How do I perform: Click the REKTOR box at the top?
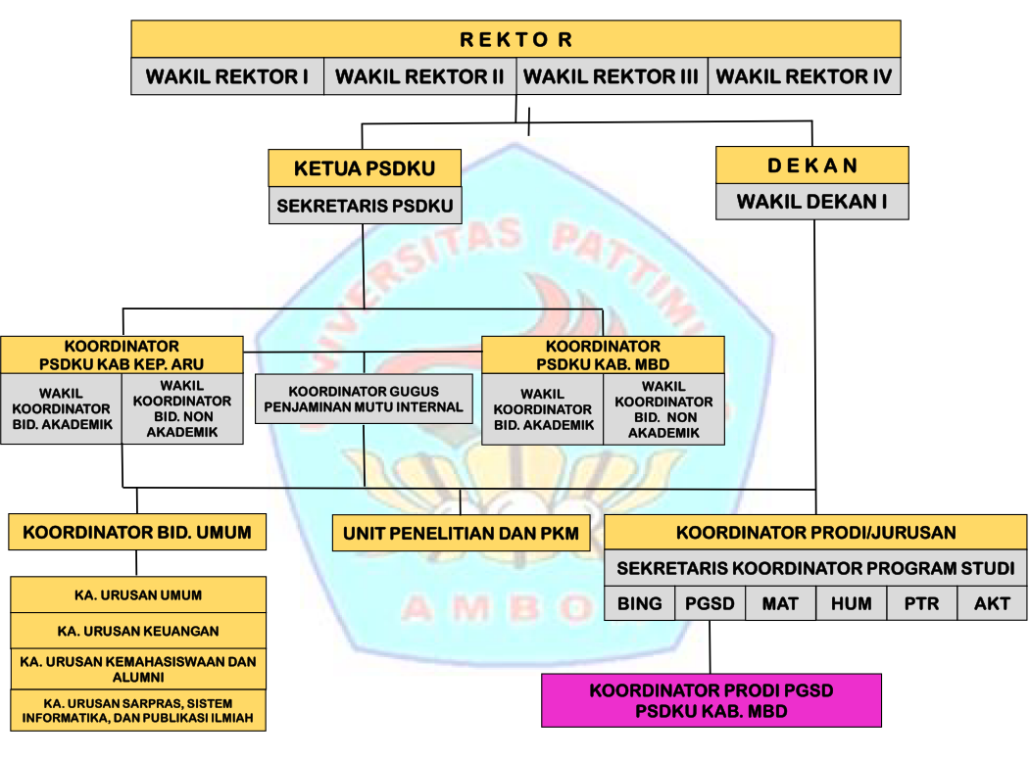515,39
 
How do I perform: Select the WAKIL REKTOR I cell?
227,76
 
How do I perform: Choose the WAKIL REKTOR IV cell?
804,76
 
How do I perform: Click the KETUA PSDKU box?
364,168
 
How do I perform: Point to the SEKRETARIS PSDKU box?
364,206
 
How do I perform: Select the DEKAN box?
811,166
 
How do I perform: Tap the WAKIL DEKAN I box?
811,202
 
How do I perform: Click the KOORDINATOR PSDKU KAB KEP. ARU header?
122,355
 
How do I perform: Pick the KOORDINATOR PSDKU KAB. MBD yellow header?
603,355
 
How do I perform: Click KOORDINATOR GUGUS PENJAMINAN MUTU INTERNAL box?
364,399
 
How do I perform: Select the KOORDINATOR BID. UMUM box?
137,533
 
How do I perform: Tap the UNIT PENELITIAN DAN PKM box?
461,534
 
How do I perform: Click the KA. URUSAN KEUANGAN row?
138,631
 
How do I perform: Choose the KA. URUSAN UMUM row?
138,594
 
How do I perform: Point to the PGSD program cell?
710,604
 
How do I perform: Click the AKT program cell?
992,604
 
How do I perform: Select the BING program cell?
640,604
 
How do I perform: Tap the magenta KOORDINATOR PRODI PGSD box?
711,700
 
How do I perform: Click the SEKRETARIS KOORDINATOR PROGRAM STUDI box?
815,568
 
